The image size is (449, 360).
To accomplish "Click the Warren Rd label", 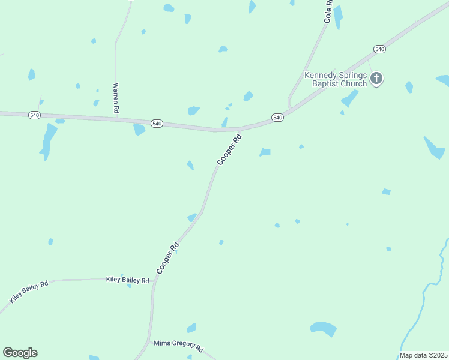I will coord(116,98).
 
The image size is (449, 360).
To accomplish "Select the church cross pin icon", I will coord(376,78).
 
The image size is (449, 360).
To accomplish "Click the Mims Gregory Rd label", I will coord(179,346).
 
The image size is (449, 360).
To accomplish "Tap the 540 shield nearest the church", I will coord(379,49).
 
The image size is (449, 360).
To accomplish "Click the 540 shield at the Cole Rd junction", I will coord(277,118).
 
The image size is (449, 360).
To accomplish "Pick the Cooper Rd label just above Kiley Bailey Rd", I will coord(167,258).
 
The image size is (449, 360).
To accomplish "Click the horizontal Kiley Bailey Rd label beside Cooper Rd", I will coord(127,280).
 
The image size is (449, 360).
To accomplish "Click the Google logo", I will coord(20,353).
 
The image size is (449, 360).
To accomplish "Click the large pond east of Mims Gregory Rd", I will coord(324,328).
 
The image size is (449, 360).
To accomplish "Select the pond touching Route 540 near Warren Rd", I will coord(139,129).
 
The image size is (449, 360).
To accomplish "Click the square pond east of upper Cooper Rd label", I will coord(265,152).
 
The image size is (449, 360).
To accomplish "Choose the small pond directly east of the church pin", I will coord(409,87).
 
